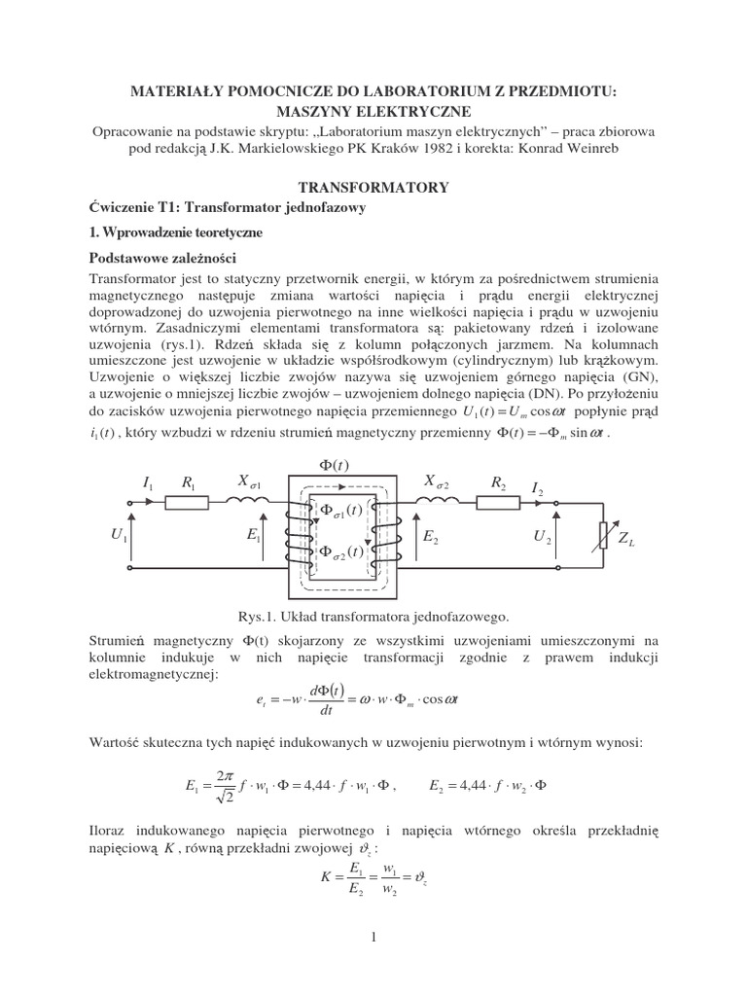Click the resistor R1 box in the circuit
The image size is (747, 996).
coord(186,502)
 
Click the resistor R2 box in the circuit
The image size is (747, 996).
coord(499,502)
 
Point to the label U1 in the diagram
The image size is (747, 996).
coord(120,536)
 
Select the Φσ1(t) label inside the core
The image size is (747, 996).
coord(340,511)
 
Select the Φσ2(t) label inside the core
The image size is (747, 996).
coord(340,551)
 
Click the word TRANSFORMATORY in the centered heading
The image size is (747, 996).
coord(373,187)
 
